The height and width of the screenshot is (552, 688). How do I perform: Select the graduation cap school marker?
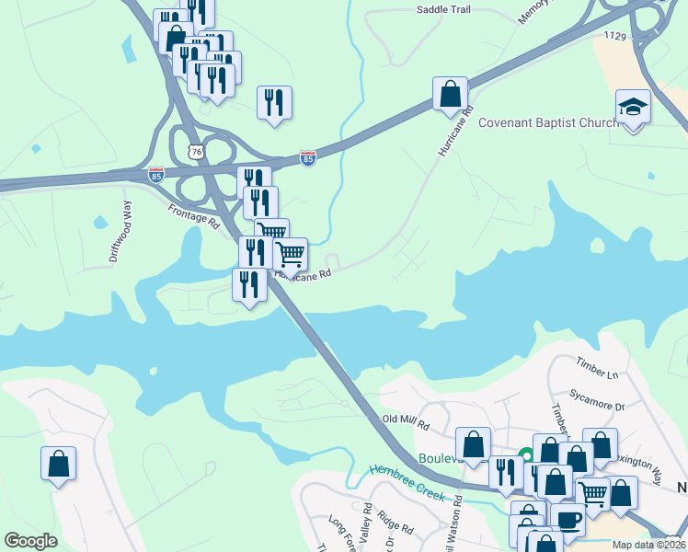633,107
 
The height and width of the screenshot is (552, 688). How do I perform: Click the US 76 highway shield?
194,151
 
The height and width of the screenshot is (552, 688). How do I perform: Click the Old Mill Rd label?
407,423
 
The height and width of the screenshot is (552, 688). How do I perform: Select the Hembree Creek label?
407,483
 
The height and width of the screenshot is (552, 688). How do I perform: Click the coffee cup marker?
568,520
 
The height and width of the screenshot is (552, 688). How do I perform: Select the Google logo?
30,541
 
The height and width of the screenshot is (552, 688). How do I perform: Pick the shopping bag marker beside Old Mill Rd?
473,444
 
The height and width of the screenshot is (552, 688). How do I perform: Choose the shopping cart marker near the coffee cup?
592,494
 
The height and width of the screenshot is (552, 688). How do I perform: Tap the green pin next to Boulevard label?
526,454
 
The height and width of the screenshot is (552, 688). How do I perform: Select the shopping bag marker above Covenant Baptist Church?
450,94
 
